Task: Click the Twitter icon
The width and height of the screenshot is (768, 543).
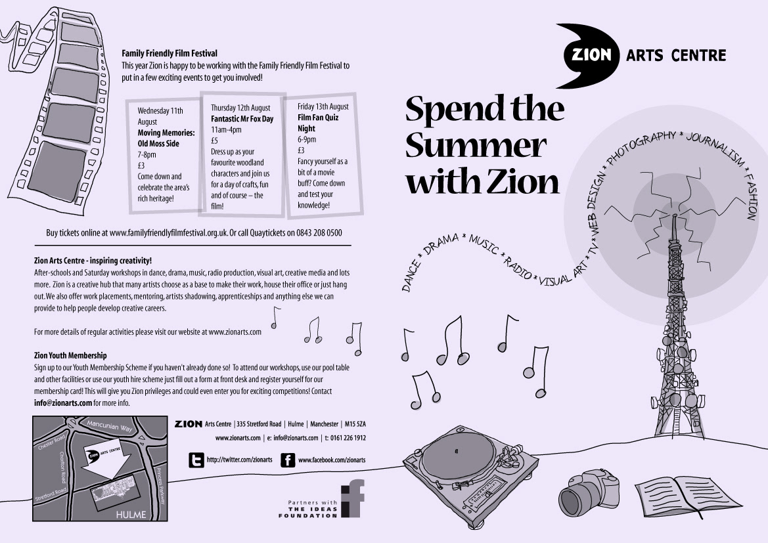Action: (x=196, y=460)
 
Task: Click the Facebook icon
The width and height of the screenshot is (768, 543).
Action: (x=288, y=460)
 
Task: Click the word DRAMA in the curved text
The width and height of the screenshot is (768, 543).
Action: (x=441, y=244)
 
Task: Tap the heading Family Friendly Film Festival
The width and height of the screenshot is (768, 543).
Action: (x=169, y=53)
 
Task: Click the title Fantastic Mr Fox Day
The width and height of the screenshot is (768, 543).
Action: (x=242, y=118)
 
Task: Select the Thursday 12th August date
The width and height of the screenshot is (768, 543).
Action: (x=240, y=108)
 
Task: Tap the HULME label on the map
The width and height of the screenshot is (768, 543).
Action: (x=131, y=515)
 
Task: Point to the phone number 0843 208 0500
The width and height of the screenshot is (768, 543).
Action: (x=319, y=232)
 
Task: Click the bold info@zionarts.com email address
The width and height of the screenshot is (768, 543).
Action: (x=63, y=403)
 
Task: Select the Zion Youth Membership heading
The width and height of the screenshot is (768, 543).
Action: (x=70, y=355)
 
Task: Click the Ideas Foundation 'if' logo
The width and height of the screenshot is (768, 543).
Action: (x=353, y=498)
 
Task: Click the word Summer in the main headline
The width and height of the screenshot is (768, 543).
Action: (x=476, y=145)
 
